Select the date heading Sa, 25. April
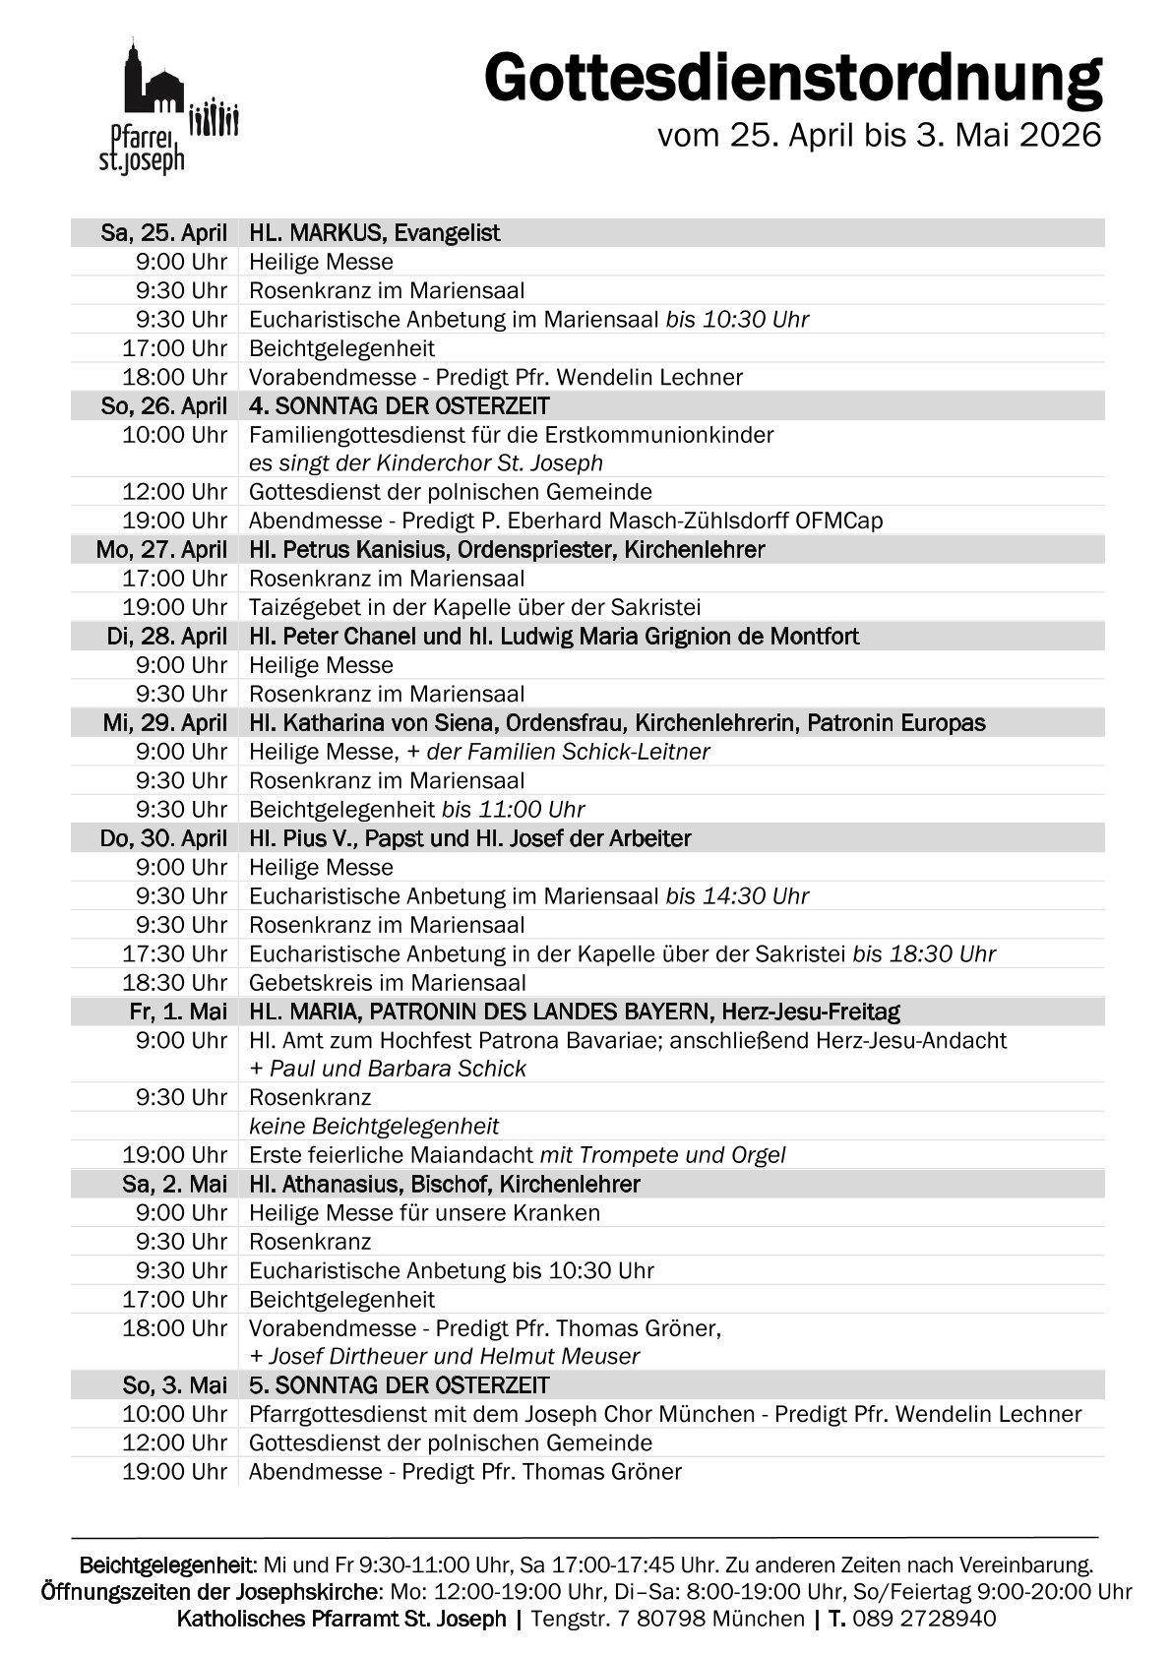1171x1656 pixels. [x=163, y=233]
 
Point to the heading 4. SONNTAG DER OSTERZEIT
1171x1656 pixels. [x=399, y=406]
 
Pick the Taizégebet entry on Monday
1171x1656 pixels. [x=474, y=607]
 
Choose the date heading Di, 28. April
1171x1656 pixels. [x=166, y=637]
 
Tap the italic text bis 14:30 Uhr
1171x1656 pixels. [x=737, y=896]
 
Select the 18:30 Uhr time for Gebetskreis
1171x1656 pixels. [x=174, y=983]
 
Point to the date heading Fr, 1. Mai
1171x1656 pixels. [x=177, y=1012]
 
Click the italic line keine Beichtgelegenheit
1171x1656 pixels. [x=374, y=1127]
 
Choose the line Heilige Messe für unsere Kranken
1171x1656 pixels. [x=424, y=1213]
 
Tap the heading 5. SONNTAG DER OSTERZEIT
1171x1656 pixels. [x=399, y=1385]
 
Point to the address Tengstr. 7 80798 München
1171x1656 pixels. [x=667, y=1619]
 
